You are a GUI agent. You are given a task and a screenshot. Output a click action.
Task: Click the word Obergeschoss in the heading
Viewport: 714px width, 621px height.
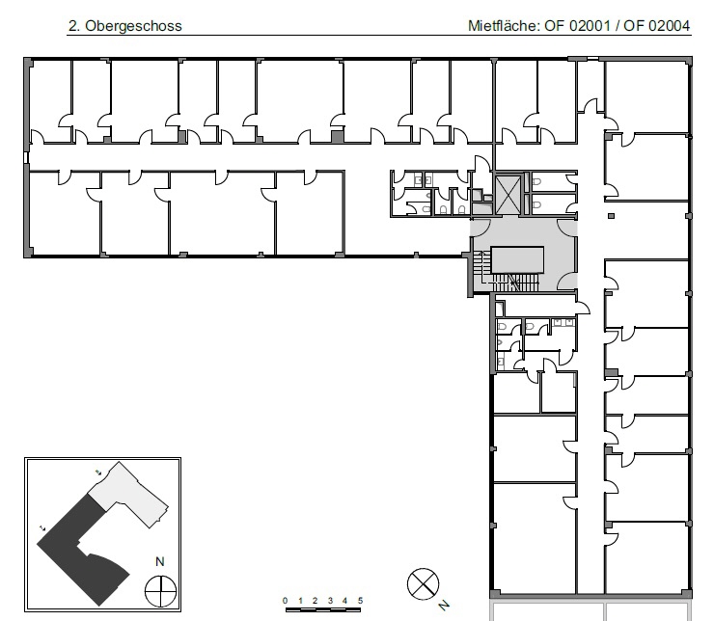[x=133, y=26]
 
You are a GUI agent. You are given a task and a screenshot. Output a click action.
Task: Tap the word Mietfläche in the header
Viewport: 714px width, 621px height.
[x=504, y=25]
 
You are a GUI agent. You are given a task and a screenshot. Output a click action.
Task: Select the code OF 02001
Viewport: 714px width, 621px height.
[x=577, y=25]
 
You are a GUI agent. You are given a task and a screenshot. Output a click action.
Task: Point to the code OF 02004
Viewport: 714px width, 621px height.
[x=657, y=25]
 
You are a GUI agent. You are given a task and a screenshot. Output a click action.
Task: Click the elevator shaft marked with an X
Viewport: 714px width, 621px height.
[x=507, y=195]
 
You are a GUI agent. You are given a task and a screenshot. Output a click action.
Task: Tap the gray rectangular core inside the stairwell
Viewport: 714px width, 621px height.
[x=517, y=259]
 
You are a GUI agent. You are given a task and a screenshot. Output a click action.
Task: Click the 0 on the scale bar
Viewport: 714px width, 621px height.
[x=285, y=601]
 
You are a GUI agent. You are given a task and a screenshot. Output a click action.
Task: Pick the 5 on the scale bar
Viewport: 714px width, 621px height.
[x=360, y=601]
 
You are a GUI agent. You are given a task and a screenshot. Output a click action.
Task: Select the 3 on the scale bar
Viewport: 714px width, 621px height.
[x=330, y=601]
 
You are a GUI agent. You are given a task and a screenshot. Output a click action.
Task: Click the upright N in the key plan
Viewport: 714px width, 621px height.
[x=160, y=562]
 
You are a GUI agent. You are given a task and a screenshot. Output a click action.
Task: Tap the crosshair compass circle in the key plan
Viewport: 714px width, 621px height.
[x=160, y=591]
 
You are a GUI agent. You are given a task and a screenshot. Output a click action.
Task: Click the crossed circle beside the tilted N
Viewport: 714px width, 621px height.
[x=423, y=584]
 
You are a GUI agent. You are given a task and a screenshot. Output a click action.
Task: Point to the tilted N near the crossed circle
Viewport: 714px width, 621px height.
[x=444, y=606]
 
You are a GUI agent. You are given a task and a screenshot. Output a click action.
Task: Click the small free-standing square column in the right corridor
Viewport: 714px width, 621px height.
[x=611, y=216]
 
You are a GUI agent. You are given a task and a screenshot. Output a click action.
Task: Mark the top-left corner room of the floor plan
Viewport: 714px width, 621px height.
[x=51, y=102]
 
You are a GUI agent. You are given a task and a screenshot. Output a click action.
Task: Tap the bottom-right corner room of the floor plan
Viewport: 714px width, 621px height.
[x=647, y=557]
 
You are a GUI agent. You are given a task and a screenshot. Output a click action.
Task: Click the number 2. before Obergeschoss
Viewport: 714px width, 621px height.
[x=74, y=26]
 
